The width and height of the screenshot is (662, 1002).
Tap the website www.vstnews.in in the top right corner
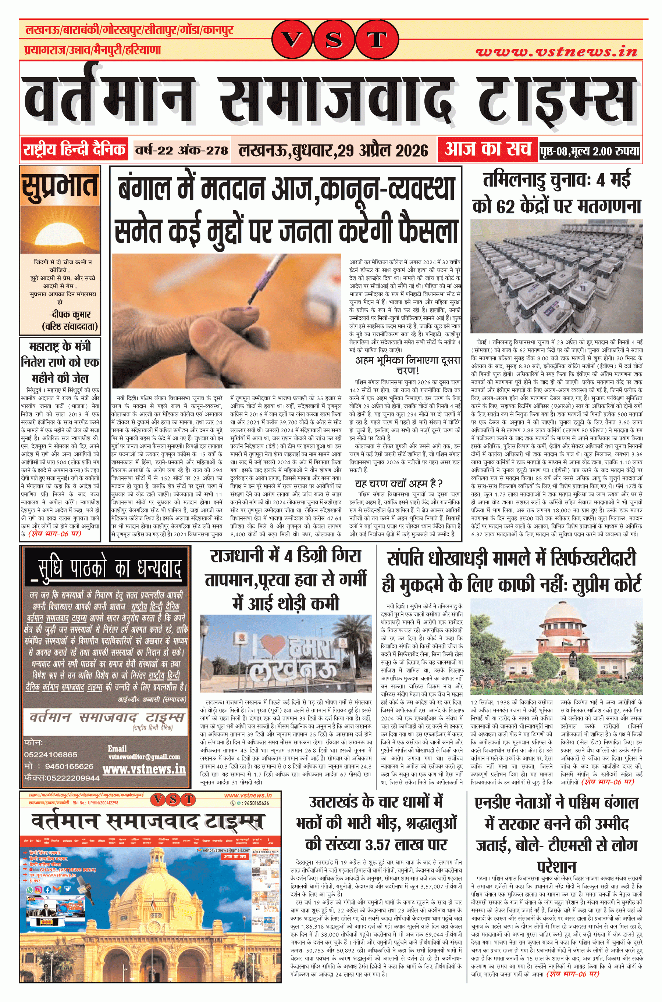click(556, 51)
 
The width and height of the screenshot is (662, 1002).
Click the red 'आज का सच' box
click(488, 149)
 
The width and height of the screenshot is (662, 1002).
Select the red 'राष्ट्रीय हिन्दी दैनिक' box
click(74, 150)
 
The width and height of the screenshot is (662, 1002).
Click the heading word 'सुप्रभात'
click(60, 186)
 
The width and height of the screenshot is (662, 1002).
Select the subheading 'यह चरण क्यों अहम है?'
click(398, 483)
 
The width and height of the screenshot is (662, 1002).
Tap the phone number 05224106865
click(51, 754)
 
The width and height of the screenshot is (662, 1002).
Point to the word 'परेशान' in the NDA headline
click(556, 867)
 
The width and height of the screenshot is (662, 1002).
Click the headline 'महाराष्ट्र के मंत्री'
click(60, 347)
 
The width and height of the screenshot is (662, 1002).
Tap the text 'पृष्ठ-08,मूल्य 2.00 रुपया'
click(590, 151)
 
